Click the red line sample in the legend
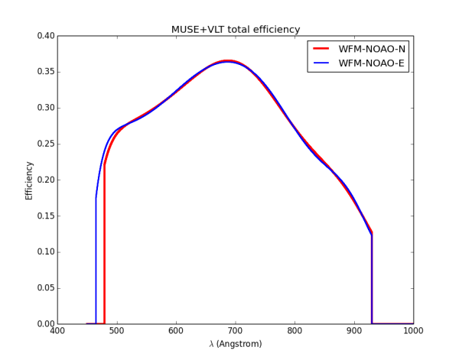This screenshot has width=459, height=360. [x=324, y=48]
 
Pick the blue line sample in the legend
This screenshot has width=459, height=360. [x=324, y=63]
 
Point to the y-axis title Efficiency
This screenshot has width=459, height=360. [x=29, y=180]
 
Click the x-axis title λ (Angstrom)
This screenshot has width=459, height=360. [x=236, y=344]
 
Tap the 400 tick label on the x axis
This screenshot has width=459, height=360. [x=57, y=332]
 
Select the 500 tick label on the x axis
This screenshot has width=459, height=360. [x=116, y=332]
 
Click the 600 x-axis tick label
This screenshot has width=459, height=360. [x=176, y=332]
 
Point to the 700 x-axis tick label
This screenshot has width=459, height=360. [x=236, y=332]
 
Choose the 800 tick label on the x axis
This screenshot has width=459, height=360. [x=295, y=332]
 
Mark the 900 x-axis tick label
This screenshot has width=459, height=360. [x=354, y=332]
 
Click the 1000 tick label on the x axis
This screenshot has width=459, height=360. [x=413, y=332]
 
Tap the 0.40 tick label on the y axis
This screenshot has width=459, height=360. [x=45, y=36]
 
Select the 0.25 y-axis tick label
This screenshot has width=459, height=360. [x=45, y=144]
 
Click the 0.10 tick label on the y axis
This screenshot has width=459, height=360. [x=45, y=252]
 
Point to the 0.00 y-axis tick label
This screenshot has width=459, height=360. [x=45, y=324]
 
